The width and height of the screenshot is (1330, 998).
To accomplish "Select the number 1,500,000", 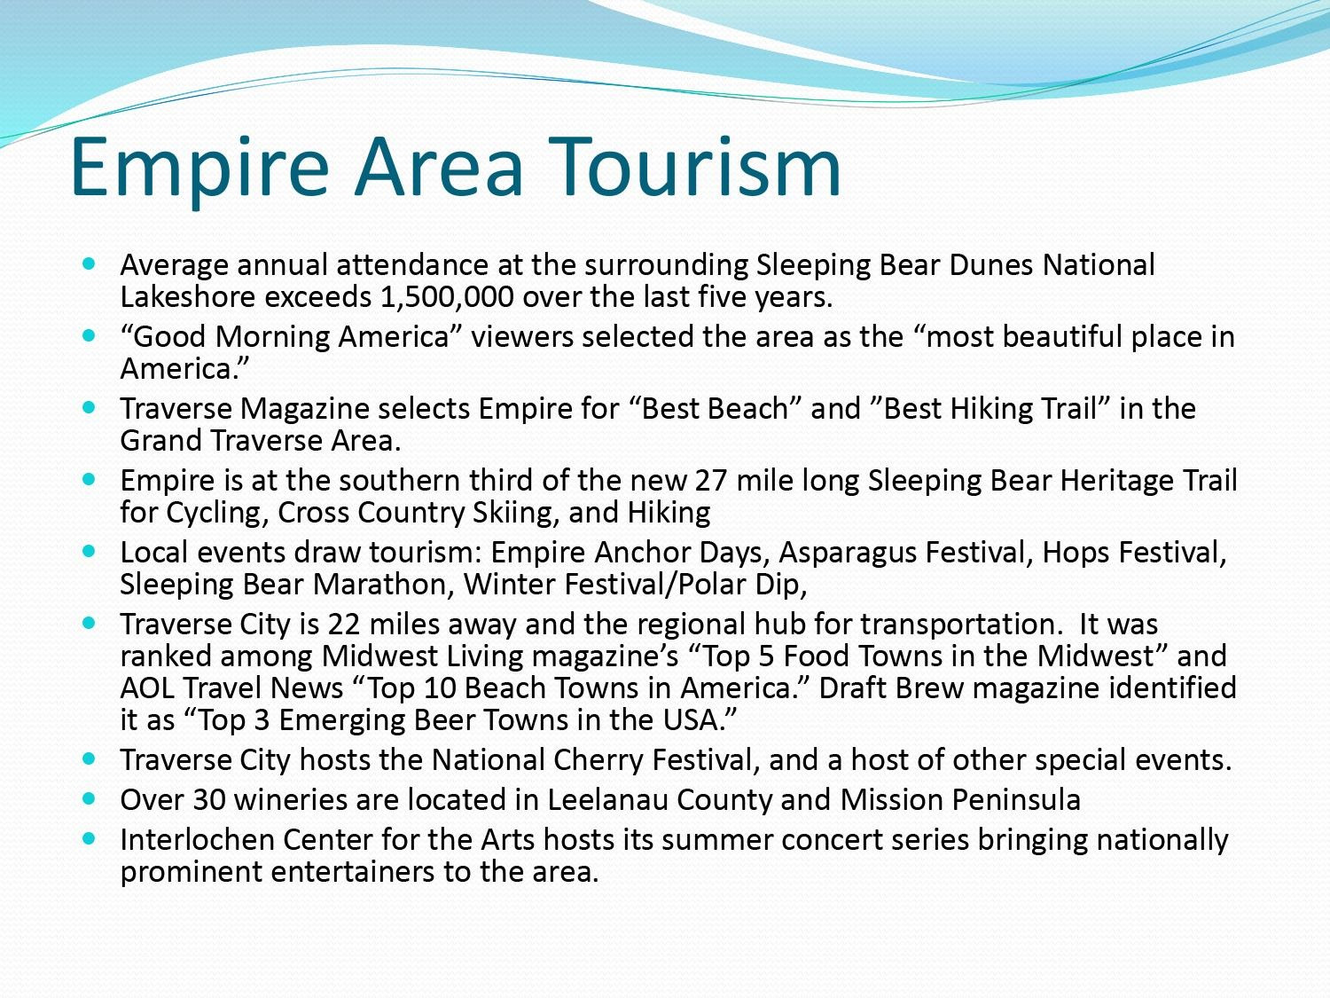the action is click(447, 297).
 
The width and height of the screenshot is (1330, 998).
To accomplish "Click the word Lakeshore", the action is click(188, 297).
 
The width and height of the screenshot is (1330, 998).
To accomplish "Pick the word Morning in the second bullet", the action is click(272, 337).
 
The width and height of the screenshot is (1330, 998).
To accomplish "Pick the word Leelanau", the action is click(607, 800).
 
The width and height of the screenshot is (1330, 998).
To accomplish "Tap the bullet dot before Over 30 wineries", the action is click(89, 798).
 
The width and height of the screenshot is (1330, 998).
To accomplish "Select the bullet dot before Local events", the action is click(89, 551).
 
